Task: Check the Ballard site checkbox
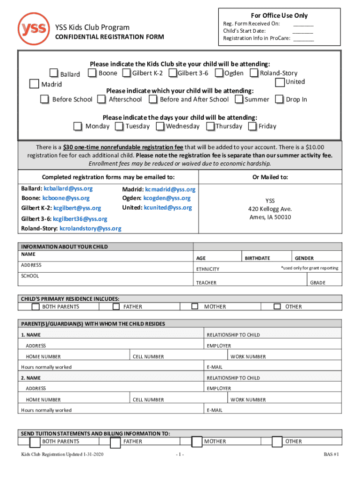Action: (x=54, y=73)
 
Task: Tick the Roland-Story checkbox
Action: (x=254, y=73)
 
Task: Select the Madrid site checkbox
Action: (x=34, y=84)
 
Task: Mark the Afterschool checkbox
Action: (x=101, y=99)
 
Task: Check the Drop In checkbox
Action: (x=279, y=99)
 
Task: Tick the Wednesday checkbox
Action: (x=160, y=126)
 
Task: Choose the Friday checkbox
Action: (x=252, y=126)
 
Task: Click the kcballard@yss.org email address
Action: (x=68, y=189)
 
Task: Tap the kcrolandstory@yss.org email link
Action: (x=90, y=228)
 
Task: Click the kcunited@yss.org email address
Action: (x=168, y=207)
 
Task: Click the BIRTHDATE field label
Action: (x=258, y=258)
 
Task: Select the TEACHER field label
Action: (x=206, y=283)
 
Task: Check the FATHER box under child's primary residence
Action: (x=116, y=306)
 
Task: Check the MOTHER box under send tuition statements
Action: (x=197, y=442)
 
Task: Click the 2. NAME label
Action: (x=31, y=378)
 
